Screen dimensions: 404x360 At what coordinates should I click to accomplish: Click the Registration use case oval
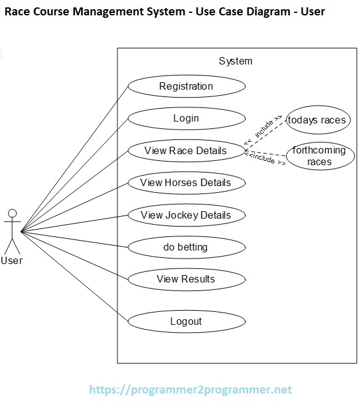(x=186, y=87)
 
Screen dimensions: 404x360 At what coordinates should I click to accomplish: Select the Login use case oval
(x=186, y=118)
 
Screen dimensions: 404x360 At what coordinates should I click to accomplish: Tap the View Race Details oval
(x=186, y=150)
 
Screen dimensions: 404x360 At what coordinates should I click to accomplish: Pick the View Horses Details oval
(x=186, y=182)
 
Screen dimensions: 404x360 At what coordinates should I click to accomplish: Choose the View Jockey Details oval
(x=186, y=215)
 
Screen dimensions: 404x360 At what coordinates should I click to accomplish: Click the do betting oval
(x=186, y=247)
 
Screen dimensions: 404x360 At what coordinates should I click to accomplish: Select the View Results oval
(x=186, y=279)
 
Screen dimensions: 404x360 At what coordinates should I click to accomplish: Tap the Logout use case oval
(x=186, y=321)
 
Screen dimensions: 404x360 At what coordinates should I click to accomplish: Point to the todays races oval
(x=317, y=120)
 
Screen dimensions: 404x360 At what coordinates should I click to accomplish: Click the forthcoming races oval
(x=319, y=157)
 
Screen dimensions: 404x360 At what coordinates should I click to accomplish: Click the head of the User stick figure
(x=11, y=214)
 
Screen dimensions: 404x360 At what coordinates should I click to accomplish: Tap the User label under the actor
(x=12, y=260)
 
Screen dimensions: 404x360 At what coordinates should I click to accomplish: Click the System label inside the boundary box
(x=235, y=61)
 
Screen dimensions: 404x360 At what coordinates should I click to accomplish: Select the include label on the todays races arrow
(x=264, y=128)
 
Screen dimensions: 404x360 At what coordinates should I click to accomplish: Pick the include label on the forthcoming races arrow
(x=265, y=160)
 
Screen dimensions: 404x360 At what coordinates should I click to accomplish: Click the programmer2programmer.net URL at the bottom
(x=190, y=389)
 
